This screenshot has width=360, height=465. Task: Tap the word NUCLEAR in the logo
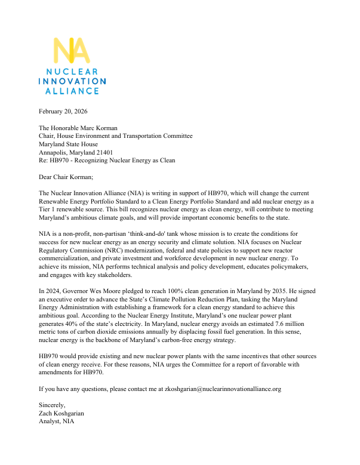coord(72,71)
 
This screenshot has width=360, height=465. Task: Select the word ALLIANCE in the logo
coord(72,91)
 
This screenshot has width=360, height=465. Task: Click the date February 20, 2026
coord(63,112)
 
